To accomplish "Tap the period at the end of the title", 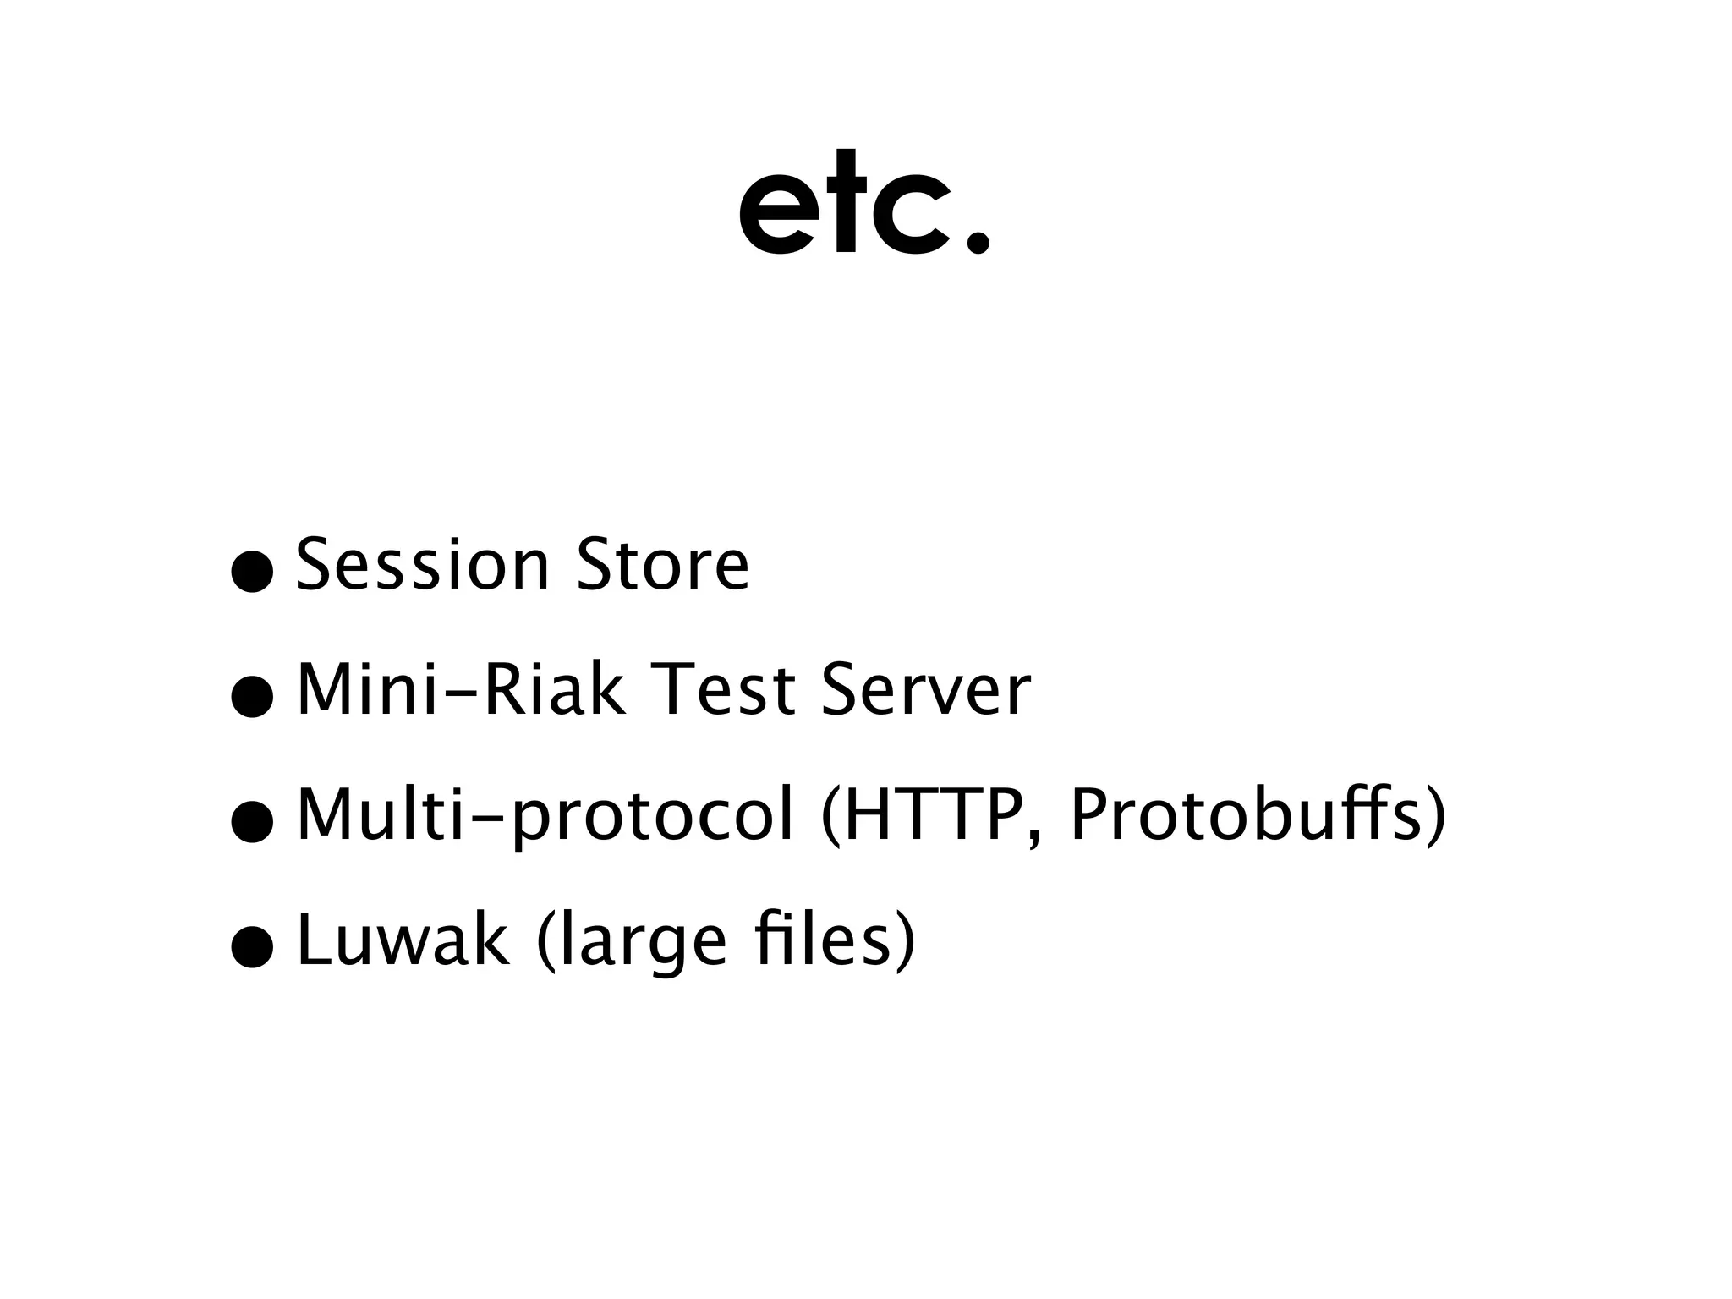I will click(x=977, y=241).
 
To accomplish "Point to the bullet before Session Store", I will click(x=252, y=573).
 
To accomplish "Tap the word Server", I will click(x=925, y=689).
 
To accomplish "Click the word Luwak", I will click(x=403, y=940).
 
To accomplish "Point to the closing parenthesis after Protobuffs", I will click(x=1436, y=816).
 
